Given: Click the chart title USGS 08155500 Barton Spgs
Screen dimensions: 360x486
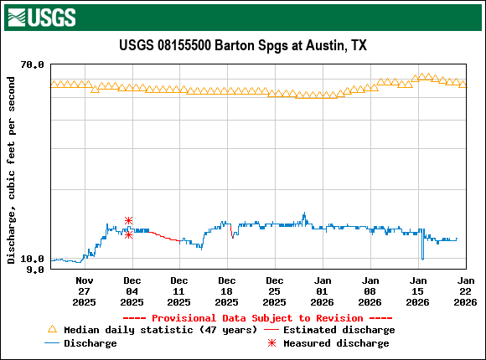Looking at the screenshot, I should [243, 45].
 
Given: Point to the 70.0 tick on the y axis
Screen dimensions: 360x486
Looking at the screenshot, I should [32, 64].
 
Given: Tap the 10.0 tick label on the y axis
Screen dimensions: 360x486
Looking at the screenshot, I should [32, 259].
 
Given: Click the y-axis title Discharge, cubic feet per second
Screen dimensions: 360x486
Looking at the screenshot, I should [11, 170].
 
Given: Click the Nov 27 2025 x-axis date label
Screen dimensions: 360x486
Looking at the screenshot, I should [85, 291].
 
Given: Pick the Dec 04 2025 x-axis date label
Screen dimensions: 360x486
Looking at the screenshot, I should [132, 291].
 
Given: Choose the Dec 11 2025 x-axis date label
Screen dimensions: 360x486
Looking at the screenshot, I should [178, 291].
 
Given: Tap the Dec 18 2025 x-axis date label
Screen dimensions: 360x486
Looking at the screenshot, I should [226, 291].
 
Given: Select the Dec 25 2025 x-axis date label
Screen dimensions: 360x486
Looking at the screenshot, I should [274, 291].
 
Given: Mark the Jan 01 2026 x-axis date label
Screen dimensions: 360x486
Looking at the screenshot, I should [322, 291].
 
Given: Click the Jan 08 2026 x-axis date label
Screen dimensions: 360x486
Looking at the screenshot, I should [370, 291].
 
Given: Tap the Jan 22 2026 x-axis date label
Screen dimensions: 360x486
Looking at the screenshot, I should [465, 291].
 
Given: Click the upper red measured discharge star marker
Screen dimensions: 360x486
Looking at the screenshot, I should [128, 220].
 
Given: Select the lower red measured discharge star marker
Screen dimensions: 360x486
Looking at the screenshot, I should [128, 234].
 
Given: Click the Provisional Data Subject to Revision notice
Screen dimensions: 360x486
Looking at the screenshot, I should [257, 318].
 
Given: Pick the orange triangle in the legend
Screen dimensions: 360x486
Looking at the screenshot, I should [53, 330].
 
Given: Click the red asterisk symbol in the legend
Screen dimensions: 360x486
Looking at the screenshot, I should [272, 343].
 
